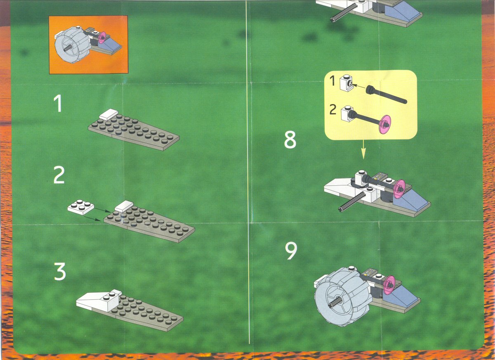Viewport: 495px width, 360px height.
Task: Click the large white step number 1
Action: click(x=58, y=103)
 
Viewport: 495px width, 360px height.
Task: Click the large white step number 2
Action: click(x=59, y=175)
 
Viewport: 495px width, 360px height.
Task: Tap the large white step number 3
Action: click(x=60, y=271)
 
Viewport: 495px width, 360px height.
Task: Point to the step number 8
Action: click(x=290, y=140)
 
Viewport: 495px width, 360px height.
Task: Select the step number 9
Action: click(x=291, y=251)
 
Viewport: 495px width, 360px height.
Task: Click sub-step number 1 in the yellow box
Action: click(x=332, y=81)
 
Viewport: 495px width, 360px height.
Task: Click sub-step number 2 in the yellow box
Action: click(x=333, y=109)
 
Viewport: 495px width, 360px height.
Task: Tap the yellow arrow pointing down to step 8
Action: click(x=363, y=149)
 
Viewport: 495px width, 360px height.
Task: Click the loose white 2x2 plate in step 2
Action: click(x=81, y=207)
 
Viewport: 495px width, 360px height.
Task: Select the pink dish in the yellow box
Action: click(x=385, y=124)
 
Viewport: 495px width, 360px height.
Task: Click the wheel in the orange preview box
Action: click(x=72, y=45)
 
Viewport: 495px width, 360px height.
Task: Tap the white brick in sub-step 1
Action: click(x=346, y=83)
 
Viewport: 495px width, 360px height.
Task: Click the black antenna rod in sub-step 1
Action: click(x=386, y=95)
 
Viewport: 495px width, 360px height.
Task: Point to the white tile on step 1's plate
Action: click(x=108, y=114)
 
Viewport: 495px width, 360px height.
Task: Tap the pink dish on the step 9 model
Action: click(x=389, y=285)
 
